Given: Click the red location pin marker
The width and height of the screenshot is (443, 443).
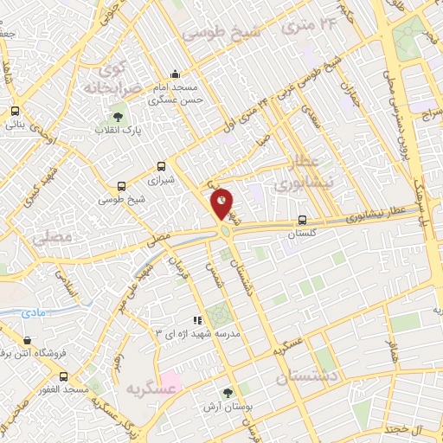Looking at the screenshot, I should [222, 204].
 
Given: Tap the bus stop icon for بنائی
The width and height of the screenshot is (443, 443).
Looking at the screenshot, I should [16, 111].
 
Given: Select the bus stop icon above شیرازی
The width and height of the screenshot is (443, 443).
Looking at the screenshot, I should [161, 167].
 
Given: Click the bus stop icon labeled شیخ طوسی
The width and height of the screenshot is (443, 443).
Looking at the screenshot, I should [121, 186].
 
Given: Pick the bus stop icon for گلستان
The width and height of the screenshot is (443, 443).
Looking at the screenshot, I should [302, 220].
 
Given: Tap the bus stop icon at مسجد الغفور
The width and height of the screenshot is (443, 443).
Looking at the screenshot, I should [63, 376].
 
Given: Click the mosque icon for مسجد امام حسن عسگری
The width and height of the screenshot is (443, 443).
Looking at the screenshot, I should [176, 74].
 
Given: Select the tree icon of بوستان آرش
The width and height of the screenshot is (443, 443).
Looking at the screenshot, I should [228, 392].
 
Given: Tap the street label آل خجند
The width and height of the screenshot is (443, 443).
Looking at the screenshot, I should [403, 429].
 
